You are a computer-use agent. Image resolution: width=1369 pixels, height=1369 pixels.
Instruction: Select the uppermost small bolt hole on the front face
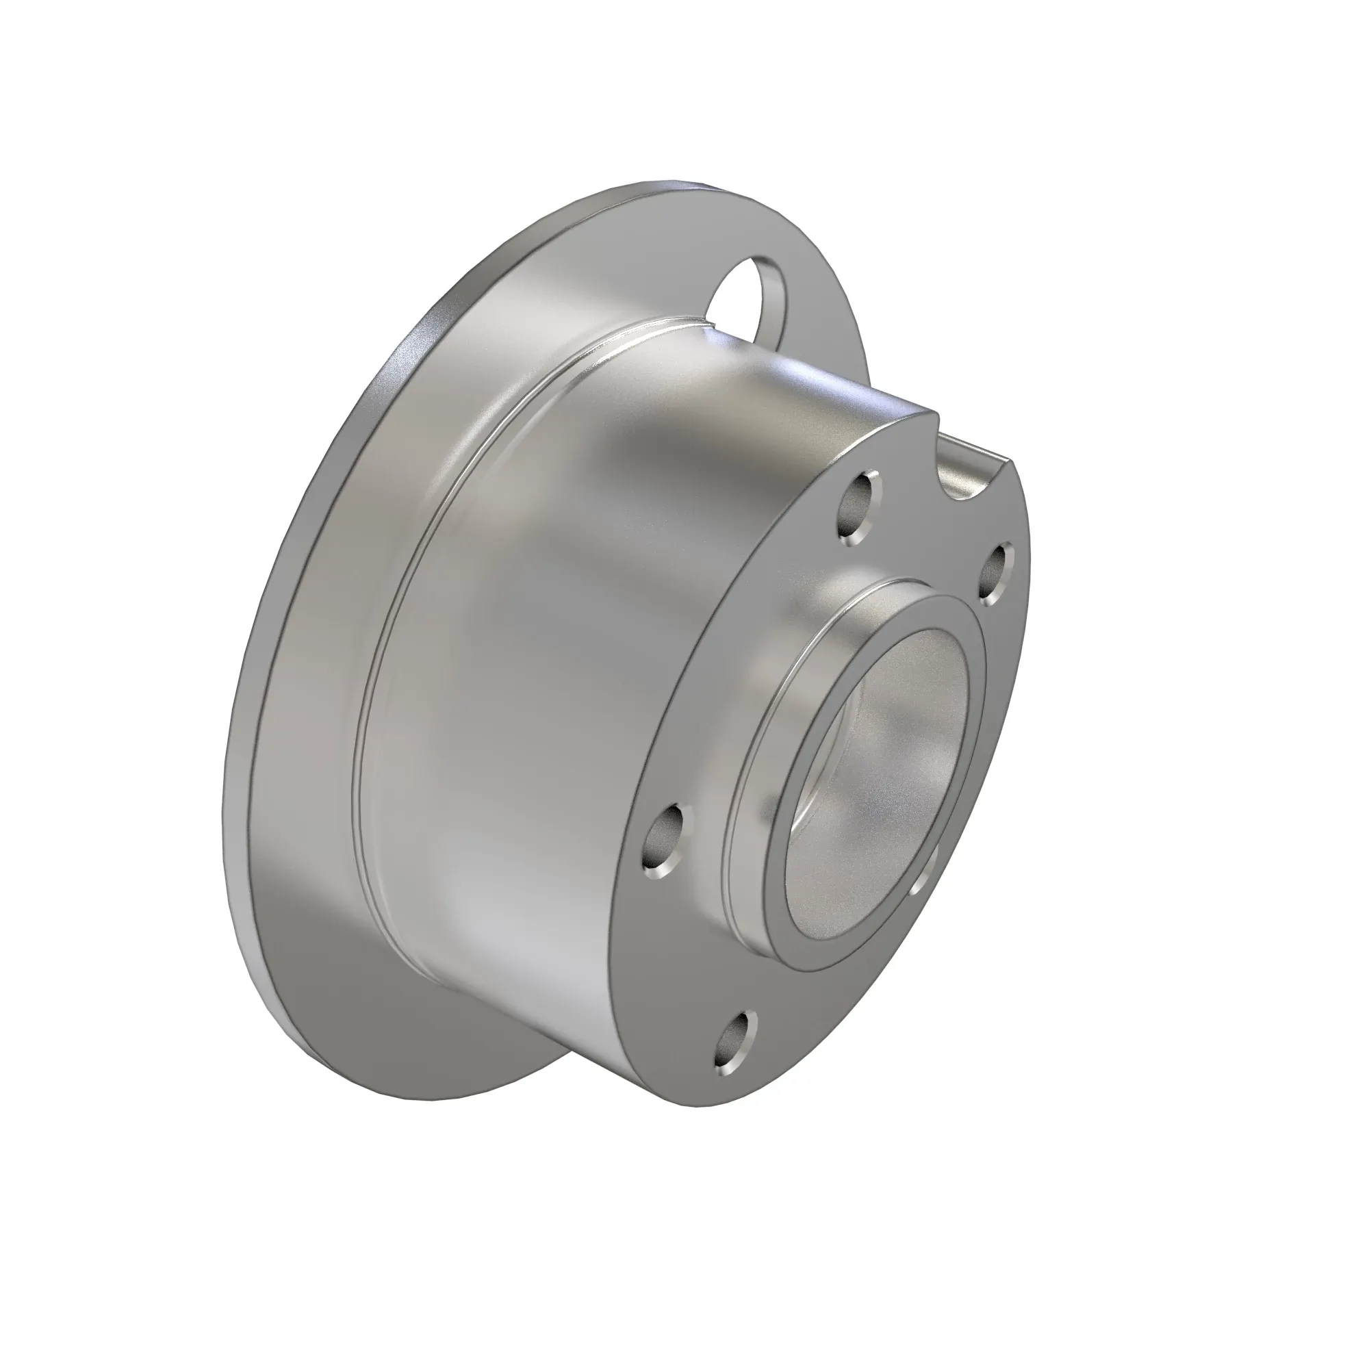coord(858,508)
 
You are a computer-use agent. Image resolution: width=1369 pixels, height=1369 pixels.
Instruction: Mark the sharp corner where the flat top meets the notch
coord(938,417)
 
